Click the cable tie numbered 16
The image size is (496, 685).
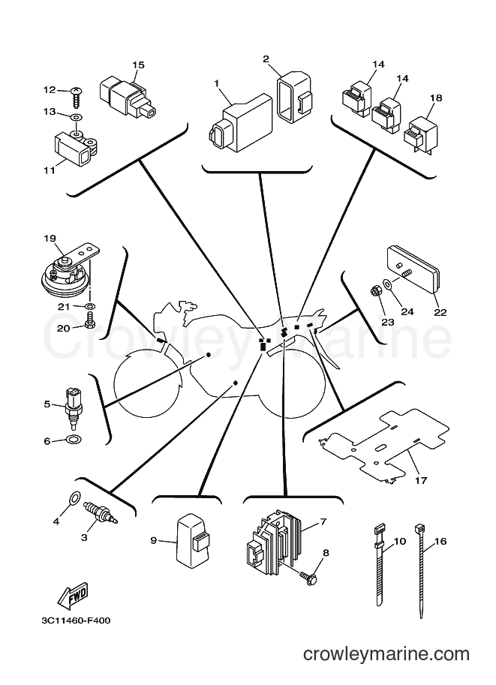pyautogui.click(x=420, y=569)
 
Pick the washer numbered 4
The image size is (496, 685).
pyautogui.click(x=75, y=497)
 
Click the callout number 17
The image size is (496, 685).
pyautogui.click(x=421, y=480)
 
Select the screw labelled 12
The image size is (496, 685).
pyautogui.click(x=77, y=98)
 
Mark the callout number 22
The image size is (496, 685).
pyautogui.click(x=440, y=312)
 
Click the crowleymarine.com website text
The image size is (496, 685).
pyautogui.click(x=386, y=654)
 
